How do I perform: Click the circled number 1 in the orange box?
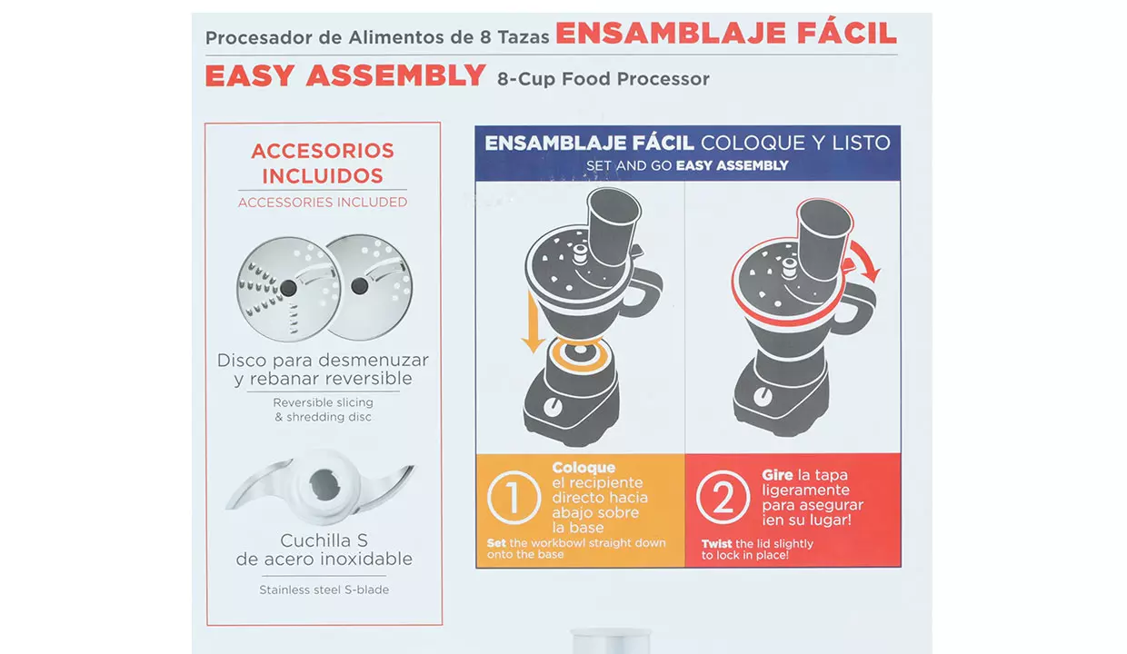click(x=514, y=498)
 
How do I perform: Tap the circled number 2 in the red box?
click(x=723, y=498)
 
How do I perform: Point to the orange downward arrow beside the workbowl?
click(x=533, y=322)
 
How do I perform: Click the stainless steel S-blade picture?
click(x=322, y=487)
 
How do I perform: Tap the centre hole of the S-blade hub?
click(x=324, y=486)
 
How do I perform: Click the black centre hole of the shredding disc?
click(x=288, y=288)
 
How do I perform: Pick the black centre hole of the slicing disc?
click(x=360, y=286)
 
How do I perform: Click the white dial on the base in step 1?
click(x=553, y=407)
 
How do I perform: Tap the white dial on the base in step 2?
click(x=763, y=397)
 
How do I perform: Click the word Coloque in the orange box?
click(x=583, y=468)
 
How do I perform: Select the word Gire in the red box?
click(x=777, y=474)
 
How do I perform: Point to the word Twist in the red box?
click(x=717, y=544)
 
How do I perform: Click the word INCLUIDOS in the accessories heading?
click(x=323, y=176)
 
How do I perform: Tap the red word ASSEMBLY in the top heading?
click(x=396, y=75)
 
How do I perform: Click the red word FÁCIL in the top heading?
click(x=846, y=33)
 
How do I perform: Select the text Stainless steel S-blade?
click(x=324, y=590)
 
